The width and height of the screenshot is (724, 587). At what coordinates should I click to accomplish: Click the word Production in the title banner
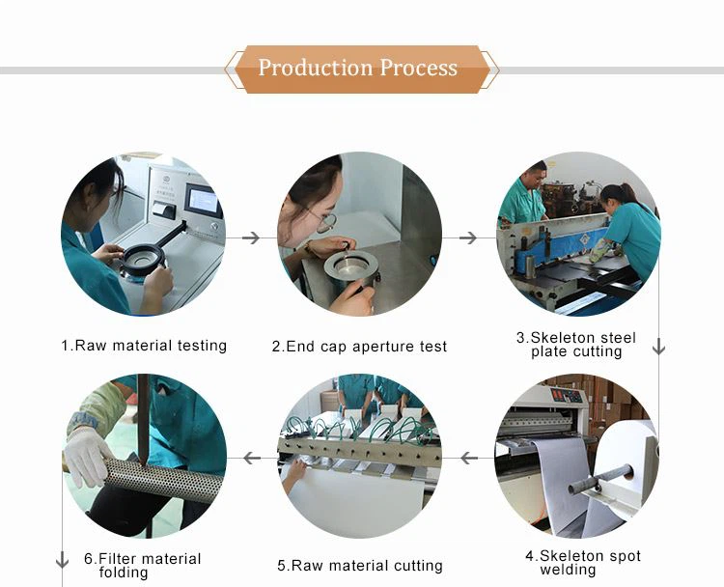[x=315, y=68]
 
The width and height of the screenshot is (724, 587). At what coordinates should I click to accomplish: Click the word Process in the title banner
[x=419, y=68]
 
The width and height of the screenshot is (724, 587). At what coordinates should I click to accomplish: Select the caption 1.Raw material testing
[x=144, y=346]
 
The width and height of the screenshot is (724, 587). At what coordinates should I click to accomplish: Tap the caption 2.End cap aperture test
[x=359, y=347]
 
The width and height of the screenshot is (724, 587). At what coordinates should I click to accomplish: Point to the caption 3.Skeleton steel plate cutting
[x=576, y=345]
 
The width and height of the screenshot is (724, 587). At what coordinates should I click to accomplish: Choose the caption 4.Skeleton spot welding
[x=583, y=563]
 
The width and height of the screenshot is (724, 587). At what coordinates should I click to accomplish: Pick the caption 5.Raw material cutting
[x=360, y=566]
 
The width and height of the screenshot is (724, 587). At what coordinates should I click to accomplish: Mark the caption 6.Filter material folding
[x=142, y=566]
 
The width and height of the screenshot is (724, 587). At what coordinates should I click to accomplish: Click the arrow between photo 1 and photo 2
[x=251, y=238]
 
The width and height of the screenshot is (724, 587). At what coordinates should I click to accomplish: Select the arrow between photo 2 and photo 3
[x=468, y=238]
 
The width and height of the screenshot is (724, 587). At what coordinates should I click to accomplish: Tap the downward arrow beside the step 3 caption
[x=659, y=347]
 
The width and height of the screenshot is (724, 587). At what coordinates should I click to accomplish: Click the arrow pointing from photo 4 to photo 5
[x=469, y=459]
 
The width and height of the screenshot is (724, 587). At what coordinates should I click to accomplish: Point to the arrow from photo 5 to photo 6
[x=252, y=459]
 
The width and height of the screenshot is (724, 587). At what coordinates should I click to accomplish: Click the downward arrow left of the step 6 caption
[x=62, y=560]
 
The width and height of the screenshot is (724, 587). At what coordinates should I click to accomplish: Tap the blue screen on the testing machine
[x=203, y=201]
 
